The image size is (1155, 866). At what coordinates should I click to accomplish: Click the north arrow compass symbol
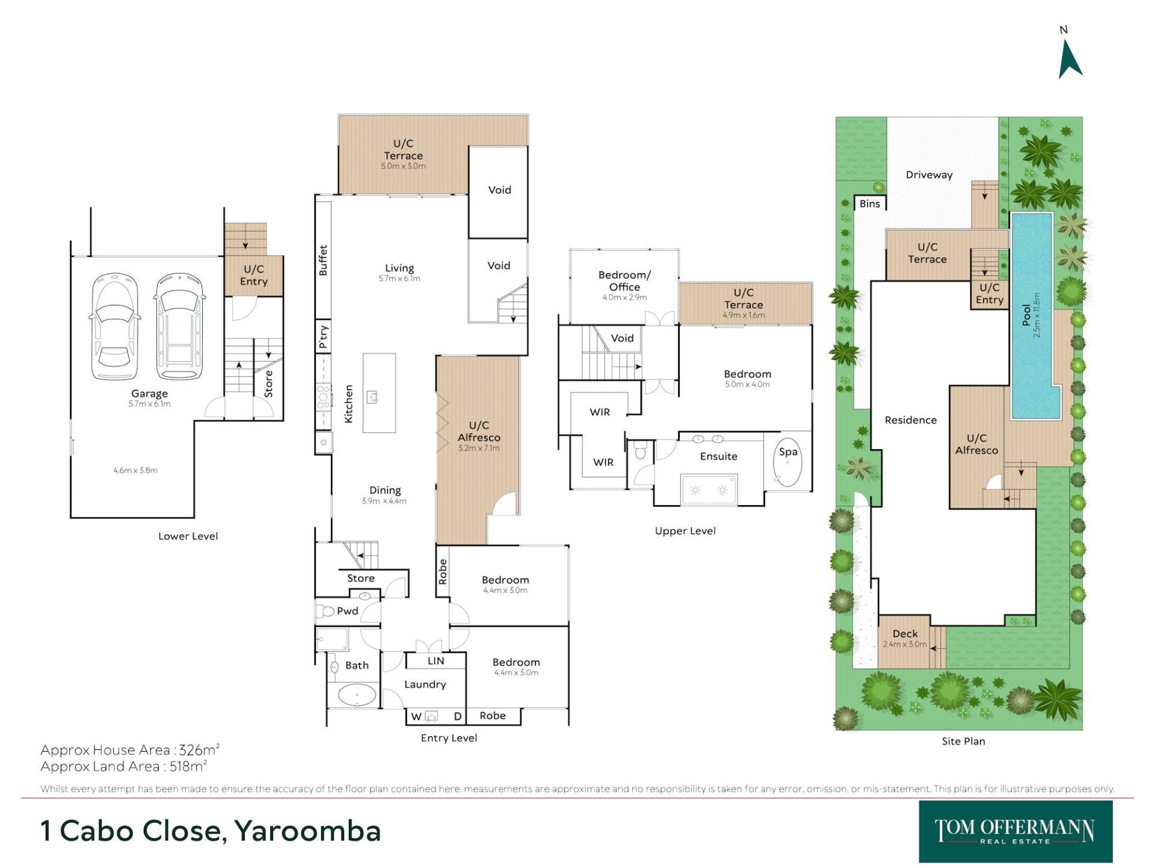(1069, 59)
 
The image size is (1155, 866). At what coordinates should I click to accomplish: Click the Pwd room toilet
(325, 612)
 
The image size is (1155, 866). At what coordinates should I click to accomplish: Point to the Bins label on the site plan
(869, 204)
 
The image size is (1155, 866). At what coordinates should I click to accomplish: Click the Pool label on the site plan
(1026, 315)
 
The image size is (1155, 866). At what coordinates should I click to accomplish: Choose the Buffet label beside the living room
(323, 260)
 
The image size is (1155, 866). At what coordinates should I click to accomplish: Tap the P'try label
(323, 337)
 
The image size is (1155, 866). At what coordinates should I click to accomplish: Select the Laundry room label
(425, 684)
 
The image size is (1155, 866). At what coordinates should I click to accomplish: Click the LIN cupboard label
(436, 661)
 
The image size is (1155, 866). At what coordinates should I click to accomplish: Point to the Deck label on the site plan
(905, 633)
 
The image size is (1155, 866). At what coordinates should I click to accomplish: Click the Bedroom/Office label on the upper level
(624, 281)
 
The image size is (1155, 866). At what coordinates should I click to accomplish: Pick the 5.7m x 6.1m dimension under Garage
(149, 404)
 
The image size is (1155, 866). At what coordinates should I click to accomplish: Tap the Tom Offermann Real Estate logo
(1015, 831)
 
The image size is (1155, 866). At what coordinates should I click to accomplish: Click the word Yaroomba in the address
(307, 831)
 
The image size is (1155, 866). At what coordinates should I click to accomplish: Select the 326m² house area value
(199, 750)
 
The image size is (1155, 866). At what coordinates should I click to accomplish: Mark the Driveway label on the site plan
(929, 175)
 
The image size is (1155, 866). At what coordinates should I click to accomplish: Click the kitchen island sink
(372, 397)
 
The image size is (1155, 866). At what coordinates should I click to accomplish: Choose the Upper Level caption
(685, 531)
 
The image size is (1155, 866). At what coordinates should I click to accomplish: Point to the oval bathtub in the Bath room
(357, 695)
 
